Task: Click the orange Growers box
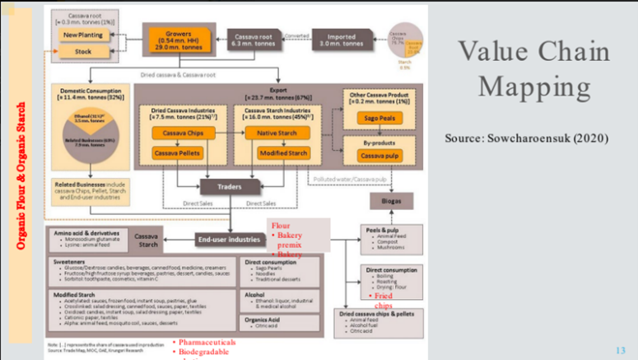click(175, 38)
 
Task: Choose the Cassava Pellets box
click(179, 154)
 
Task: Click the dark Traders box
click(230, 187)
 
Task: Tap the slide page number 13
click(620, 348)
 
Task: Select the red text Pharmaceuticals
click(212, 341)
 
